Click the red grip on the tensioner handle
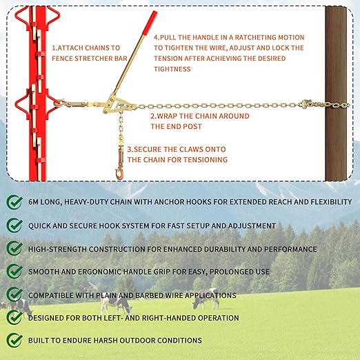[150, 23]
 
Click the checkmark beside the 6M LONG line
[14, 202]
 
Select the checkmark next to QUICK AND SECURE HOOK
[14, 226]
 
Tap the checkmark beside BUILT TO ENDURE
[14, 340]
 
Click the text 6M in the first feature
[33, 202]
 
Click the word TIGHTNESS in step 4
[172, 69]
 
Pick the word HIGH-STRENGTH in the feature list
[57, 249]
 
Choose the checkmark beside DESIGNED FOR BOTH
[14, 317]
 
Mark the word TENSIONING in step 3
[206, 159]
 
